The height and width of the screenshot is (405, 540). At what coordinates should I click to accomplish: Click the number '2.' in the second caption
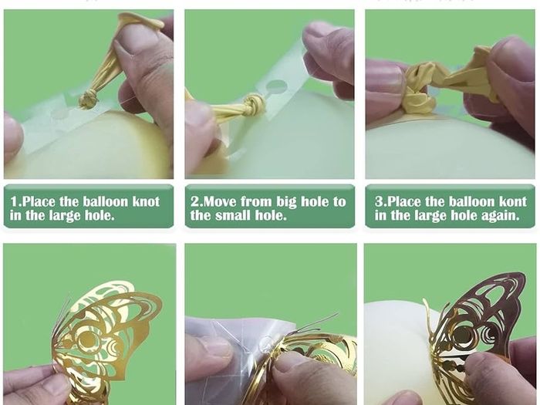[196, 201]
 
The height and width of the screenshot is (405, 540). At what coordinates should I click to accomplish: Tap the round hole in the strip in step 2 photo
[276, 86]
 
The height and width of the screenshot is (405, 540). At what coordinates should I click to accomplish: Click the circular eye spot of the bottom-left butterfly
[86, 339]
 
